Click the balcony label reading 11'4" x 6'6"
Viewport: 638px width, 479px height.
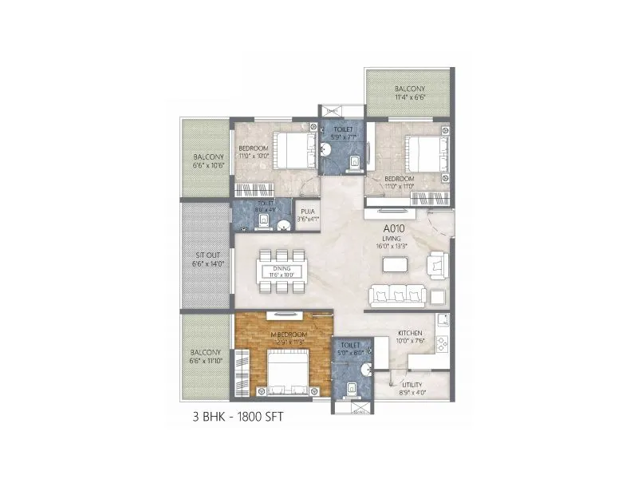tap(409, 93)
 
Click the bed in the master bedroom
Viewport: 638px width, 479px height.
tap(286, 374)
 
